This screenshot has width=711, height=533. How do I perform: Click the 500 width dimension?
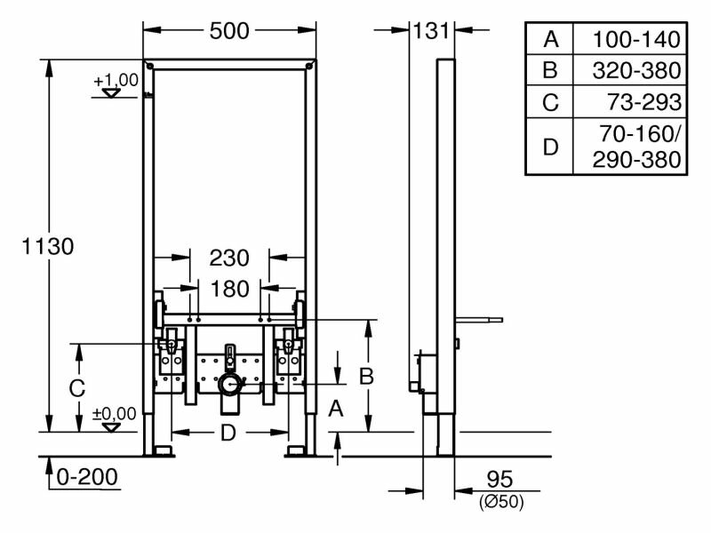pyautogui.click(x=229, y=31)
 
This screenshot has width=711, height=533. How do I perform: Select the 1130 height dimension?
pyautogui.click(x=48, y=247)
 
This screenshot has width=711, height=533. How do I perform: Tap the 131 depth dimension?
pyautogui.click(x=431, y=31)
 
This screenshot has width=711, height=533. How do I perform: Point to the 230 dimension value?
pyautogui.click(x=229, y=259)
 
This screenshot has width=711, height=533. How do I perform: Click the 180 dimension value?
pyautogui.click(x=230, y=290)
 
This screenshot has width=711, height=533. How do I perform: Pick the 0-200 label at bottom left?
pyautogui.click(x=87, y=477)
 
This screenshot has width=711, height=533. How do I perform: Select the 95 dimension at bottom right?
pyautogui.click(x=499, y=480)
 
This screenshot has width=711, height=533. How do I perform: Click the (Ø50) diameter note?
pyautogui.click(x=501, y=502)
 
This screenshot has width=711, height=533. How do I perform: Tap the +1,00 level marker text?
pyautogui.click(x=116, y=80)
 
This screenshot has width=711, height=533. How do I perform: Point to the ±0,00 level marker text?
pyautogui.click(x=115, y=414)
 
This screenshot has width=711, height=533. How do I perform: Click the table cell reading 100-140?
pyautogui.click(x=636, y=39)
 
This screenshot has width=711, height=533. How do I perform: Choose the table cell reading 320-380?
pyautogui.click(x=636, y=71)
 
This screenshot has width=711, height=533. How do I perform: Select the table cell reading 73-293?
pyautogui.click(x=644, y=102)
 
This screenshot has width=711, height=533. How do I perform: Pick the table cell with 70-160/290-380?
pyautogui.click(x=636, y=147)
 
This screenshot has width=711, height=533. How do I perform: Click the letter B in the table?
pyautogui.click(x=550, y=71)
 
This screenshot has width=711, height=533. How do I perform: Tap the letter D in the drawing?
pyautogui.click(x=228, y=433)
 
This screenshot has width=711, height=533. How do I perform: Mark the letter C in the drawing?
pyautogui.click(x=77, y=388)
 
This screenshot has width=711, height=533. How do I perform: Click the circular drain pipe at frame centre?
pyautogui.click(x=230, y=385)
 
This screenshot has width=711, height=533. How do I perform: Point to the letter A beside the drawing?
pyautogui.click(x=336, y=409)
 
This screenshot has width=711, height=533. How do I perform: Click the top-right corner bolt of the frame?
pyautogui.click(x=309, y=66)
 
